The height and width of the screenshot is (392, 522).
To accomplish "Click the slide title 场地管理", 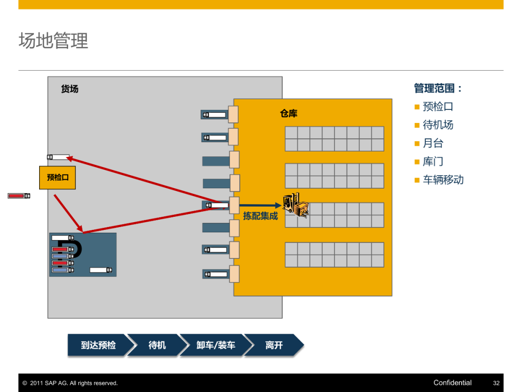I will (53, 41).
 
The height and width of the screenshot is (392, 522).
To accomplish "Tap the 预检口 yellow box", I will (58, 178).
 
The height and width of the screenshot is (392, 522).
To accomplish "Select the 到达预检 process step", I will (98, 345).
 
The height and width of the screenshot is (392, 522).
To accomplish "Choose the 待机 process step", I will (157, 345).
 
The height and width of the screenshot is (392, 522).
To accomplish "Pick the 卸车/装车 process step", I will (216, 345).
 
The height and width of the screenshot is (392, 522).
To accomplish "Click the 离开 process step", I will (274, 345).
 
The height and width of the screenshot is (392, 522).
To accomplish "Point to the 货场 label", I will (70, 89).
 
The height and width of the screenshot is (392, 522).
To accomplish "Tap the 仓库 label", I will (289, 114).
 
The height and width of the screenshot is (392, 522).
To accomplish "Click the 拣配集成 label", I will (261, 216).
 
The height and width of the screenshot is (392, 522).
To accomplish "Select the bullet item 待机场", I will (438, 125).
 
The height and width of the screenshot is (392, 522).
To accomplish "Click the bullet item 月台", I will (433, 143).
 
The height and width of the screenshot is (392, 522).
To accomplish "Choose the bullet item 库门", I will (433, 162).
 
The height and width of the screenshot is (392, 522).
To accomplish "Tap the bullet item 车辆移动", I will (443, 180).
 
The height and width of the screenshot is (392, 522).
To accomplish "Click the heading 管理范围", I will (437, 88).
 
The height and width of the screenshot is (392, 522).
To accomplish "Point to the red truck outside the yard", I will (19, 196).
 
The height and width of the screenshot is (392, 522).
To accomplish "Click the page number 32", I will (496, 383).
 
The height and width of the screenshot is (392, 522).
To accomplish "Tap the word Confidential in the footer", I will (452, 383).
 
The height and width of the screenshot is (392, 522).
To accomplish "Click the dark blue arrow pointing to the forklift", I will (260, 206).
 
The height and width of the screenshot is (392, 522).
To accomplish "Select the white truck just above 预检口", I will (58, 157).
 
